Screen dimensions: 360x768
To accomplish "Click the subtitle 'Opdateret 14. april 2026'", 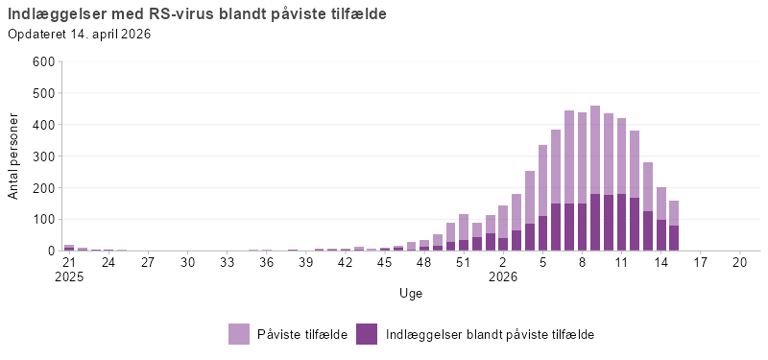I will tap(80, 35).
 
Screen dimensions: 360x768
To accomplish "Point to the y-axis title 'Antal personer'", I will tap(13, 156).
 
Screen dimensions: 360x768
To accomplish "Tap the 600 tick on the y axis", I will tap(44, 62).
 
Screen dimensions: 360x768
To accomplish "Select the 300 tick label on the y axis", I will tap(44, 156).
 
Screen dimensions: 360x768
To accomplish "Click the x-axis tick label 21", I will tap(69, 262).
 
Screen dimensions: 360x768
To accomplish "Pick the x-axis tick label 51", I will tap(464, 262).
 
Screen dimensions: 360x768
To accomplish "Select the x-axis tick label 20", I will tap(739, 262).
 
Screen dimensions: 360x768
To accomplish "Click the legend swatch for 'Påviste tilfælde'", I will tap(239, 334).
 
